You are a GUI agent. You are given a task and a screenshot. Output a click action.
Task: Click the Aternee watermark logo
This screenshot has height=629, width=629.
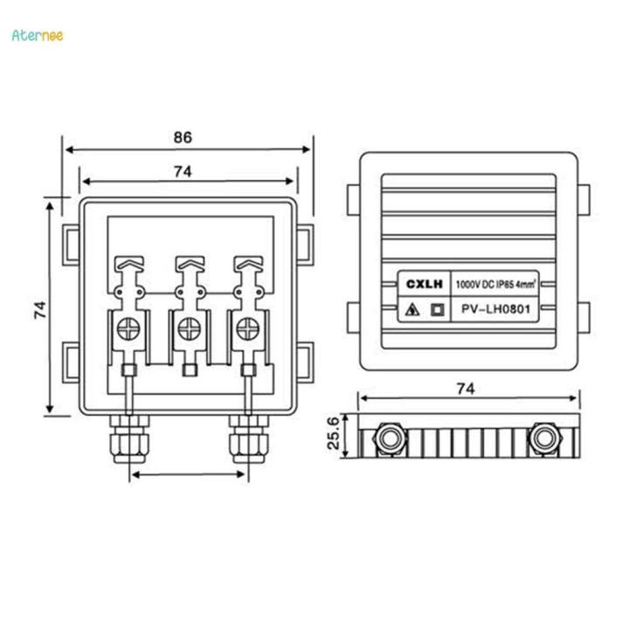point(38,35)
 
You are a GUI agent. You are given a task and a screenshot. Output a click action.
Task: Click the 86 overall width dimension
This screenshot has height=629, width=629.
point(183,137)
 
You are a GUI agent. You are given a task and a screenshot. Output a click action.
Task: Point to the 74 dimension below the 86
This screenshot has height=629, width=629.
point(182,172)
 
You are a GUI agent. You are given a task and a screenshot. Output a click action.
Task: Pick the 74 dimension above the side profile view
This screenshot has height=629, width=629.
point(467,388)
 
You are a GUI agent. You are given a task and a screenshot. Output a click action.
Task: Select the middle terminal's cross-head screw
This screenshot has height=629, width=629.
point(189,329)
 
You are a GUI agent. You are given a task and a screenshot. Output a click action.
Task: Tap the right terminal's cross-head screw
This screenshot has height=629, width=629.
point(246,329)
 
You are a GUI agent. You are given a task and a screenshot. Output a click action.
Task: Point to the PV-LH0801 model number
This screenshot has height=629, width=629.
point(497,309)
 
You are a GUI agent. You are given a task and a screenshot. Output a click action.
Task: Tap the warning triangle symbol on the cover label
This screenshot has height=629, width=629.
point(411,309)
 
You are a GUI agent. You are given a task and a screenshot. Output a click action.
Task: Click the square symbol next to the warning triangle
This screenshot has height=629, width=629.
point(438,309)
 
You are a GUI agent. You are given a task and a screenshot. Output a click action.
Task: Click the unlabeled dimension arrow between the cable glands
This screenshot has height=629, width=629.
point(188,475)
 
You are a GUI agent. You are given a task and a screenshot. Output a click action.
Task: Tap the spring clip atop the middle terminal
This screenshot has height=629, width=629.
point(189,262)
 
